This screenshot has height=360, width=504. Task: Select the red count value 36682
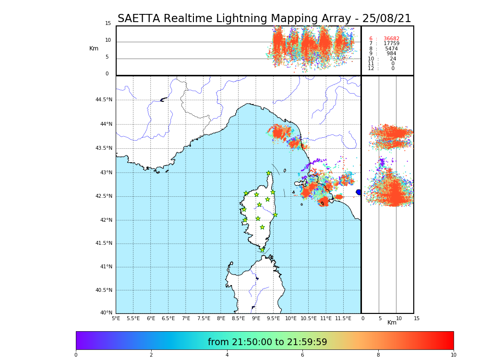391,39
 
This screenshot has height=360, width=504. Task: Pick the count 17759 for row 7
391,44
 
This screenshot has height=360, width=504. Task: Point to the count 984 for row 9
391,54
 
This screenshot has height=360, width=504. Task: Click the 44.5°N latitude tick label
104,100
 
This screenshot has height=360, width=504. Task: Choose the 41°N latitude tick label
106,267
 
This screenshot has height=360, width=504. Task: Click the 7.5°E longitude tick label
204,318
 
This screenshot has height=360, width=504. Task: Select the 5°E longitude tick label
116,318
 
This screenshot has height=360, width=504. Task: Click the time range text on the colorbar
267,342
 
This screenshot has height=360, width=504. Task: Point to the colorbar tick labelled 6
302,355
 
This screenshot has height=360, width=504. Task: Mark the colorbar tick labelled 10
453,355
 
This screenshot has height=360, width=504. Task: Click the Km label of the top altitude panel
94,48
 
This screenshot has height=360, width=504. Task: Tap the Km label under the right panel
392,323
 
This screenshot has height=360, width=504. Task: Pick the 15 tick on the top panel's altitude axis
108,24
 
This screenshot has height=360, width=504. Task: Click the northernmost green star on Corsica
269,173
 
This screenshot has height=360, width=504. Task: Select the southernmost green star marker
262,250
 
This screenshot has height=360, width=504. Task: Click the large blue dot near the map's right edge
359,192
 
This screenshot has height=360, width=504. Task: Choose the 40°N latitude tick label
106,313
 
